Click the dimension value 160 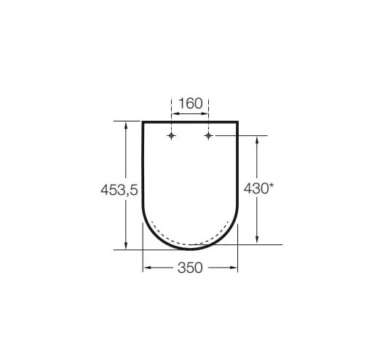[190, 103]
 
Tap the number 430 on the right [255, 188]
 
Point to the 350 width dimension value [189, 268]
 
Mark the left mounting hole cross [171, 136]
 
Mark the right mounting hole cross [208, 136]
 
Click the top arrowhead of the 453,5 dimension [127, 124]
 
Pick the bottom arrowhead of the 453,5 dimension [127, 245]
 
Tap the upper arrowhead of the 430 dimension [257, 140]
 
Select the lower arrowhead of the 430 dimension [257, 240]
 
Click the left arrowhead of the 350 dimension [146, 268]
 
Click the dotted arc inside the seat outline [190, 244]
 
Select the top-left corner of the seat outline [142, 121]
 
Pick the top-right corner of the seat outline [238, 121]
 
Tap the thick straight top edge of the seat [190, 121]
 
